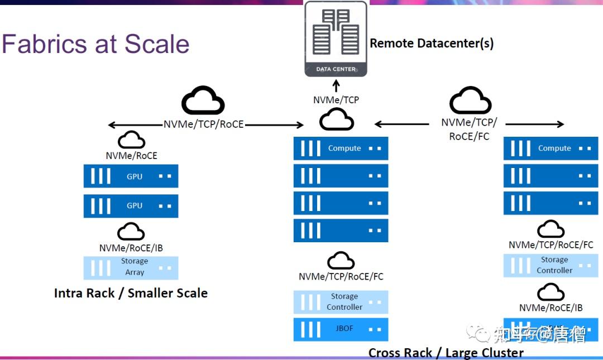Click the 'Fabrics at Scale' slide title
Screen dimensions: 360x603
tap(95, 44)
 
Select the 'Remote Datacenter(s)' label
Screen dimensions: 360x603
tap(432, 43)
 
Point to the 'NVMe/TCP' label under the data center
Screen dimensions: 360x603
tap(336, 100)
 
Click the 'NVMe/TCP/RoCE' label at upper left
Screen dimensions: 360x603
tap(204, 124)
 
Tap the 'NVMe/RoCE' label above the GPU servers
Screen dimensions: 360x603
tap(132, 156)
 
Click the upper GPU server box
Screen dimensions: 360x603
tap(131, 176)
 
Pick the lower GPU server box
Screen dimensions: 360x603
tap(131, 205)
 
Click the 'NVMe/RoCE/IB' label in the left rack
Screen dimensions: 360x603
tap(131, 248)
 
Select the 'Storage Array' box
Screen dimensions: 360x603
tap(131, 267)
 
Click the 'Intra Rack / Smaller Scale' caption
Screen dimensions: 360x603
tap(131, 293)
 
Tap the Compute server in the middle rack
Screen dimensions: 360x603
tap(341, 148)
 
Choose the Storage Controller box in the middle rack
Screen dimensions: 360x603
tap(341, 302)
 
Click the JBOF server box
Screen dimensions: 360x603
tap(341, 329)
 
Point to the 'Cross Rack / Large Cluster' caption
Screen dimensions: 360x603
tap(446, 353)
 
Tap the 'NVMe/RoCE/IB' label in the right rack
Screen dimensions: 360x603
tap(551, 308)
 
